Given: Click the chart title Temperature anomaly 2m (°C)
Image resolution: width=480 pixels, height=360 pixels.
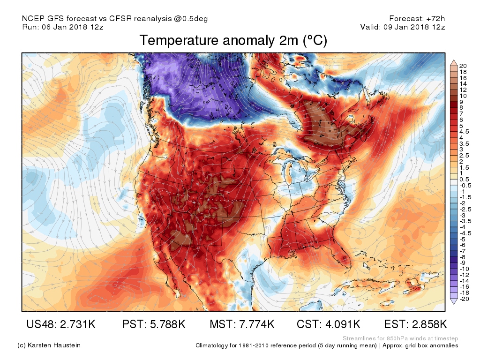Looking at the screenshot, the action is (233, 40).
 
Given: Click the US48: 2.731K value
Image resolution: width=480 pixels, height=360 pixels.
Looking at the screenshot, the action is (61, 324).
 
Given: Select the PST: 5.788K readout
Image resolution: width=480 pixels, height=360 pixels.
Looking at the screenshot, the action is (154, 324).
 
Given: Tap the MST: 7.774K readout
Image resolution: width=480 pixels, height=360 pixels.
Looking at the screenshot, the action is (242, 324).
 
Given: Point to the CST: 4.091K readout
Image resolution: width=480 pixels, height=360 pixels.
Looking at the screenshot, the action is (329, 324).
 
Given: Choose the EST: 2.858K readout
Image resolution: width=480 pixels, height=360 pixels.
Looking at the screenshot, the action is (416, 324).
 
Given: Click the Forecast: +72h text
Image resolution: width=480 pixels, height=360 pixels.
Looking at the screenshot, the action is (417, 18).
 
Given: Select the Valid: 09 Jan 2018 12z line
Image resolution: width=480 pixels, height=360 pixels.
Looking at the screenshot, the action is (403, 27).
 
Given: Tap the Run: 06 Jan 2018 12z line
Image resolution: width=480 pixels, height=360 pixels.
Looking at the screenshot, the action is (63, 27).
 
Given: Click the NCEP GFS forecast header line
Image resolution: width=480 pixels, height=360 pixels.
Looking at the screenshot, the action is (115, 19).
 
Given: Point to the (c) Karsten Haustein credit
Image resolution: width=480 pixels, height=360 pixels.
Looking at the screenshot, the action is (49, 345).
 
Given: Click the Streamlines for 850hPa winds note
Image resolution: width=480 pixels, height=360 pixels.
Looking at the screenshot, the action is (400, 338).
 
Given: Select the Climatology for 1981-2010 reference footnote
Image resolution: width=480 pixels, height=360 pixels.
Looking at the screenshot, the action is (327, 345).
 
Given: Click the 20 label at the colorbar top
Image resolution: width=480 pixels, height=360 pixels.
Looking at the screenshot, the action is (463, 66).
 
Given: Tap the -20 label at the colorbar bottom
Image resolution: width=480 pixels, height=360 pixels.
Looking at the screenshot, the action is (464, 299).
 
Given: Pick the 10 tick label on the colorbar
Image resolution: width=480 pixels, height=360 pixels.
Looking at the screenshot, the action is (463, 96).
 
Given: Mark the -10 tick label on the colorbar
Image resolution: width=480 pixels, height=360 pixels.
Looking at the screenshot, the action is (464, 269).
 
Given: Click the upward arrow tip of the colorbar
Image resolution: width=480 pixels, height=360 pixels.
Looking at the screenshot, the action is (454, 60).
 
